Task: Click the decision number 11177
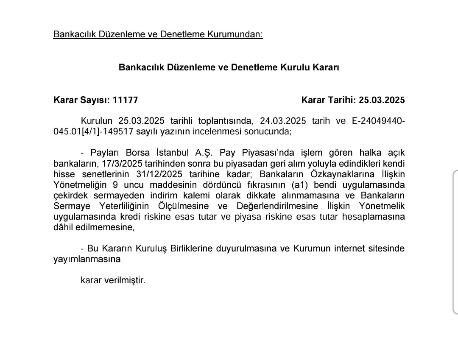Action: pyautogui.click(x=125, y=100)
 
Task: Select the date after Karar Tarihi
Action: pyautogui.click(x=382, y=100)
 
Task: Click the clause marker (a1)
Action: pyautogui.click(x=301, y=185)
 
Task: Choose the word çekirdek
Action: pyautogui.click(x=70, y=195)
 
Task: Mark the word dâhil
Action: pyautogui.click(x=63, y=227)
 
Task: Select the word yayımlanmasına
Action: pyautogui.click(x=87, y=259)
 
